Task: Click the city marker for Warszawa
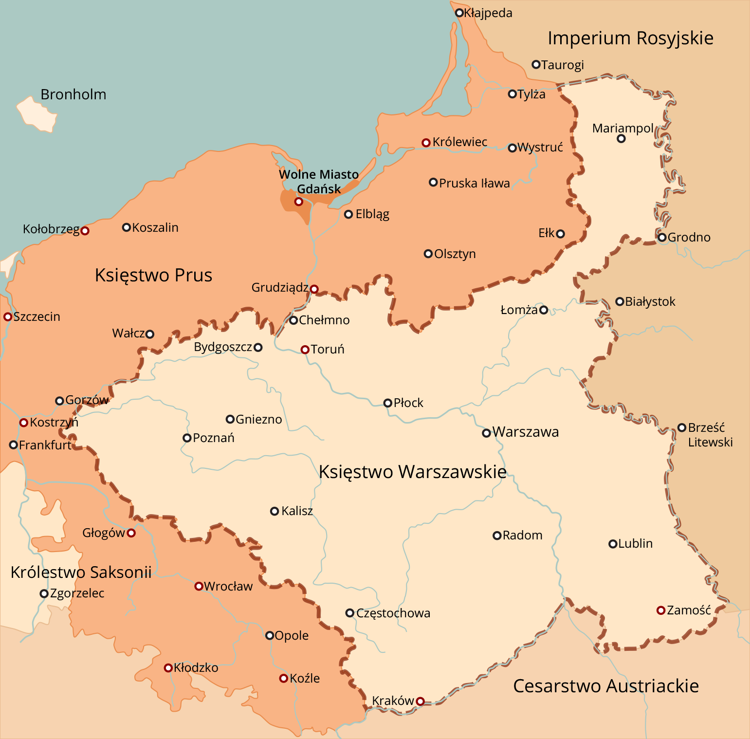[x=486, y=433]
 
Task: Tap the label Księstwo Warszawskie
[x=412, y=472]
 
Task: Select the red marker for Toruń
[x=305, y=350]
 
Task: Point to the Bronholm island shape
[x=37, y=114]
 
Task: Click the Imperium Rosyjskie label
[x=630, y=38]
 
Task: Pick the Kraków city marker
[x=420, y=701]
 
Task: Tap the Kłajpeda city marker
[x=459, y=13]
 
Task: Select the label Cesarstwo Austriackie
[x=606, y=686]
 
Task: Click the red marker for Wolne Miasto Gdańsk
[x=299, y=202]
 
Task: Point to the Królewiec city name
[x=460, y=142]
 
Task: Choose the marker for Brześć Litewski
[x=682, y=428]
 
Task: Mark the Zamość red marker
[x=661, y=610]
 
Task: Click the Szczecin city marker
[x=8, y=317]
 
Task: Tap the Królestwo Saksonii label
[x=81, y=572]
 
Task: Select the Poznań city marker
[x=187, y=438]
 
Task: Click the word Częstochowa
[x=393, y=613]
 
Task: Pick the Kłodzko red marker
[x=168, y=668]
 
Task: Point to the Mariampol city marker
[x=621, y=139]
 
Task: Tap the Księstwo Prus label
[x=153, y=275]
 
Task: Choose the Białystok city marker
[x=620, y=302]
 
